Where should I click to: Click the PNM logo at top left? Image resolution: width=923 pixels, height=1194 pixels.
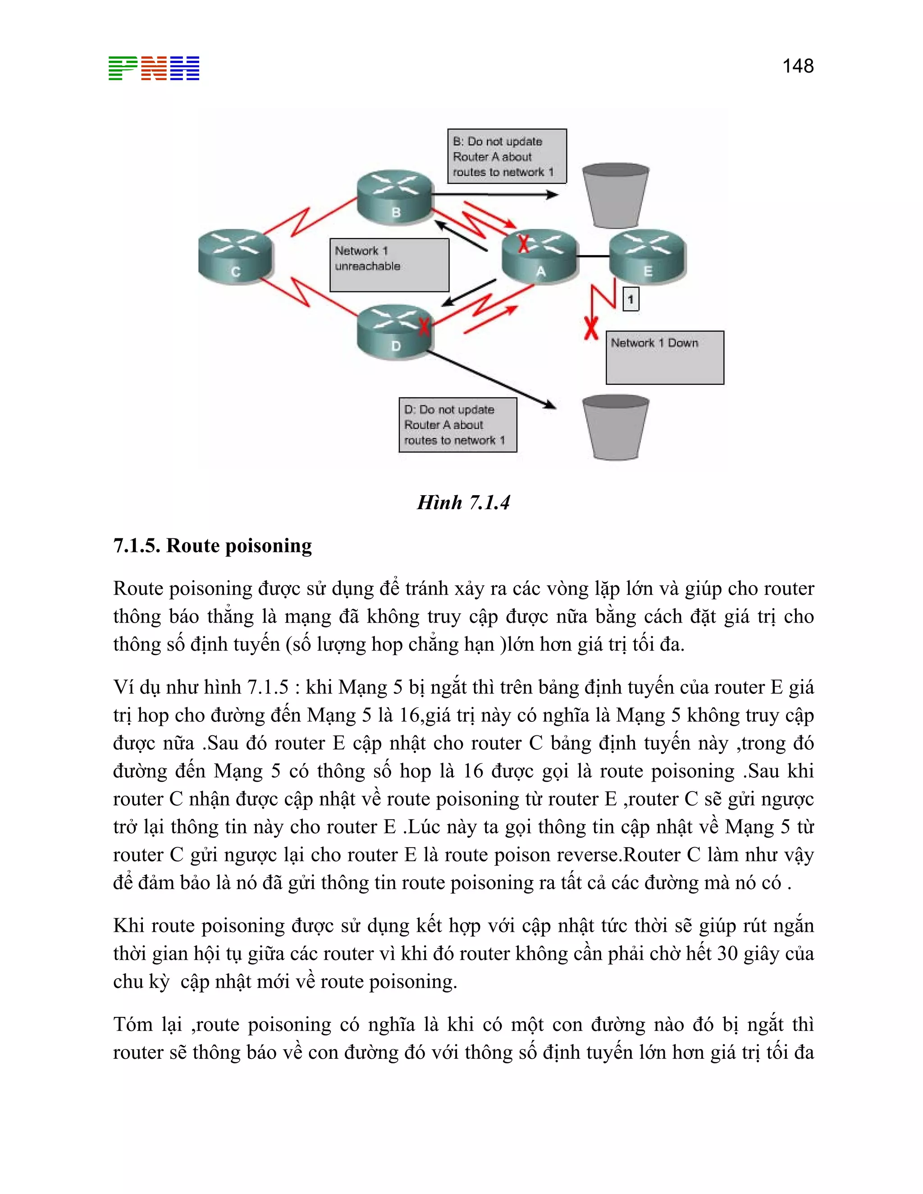pos(154,68)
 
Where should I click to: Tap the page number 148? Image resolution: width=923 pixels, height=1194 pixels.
pos(797,66)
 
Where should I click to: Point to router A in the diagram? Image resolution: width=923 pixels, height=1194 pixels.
pos(539,256)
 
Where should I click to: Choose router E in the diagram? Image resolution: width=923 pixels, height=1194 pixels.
pos(648,256)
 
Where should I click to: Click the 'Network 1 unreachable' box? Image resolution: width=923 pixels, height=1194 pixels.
pos(389,264)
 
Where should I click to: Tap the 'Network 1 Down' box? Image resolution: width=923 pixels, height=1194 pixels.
pos(664,357)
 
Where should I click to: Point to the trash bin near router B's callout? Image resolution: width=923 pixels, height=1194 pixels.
pos(615,195)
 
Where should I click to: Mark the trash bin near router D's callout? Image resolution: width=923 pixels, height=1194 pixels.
pos(615,427)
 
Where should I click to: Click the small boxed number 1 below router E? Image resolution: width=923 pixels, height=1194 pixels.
pos(631,299)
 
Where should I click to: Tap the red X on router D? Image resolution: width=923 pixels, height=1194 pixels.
pos(424,327)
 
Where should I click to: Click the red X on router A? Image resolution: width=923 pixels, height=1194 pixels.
pos(523,243)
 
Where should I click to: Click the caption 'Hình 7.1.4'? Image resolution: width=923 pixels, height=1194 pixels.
pos(463,502)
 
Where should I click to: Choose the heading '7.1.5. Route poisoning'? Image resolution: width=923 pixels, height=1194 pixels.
pos(212,546)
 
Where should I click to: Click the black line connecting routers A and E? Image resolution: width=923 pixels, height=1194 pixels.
pos(593,256)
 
